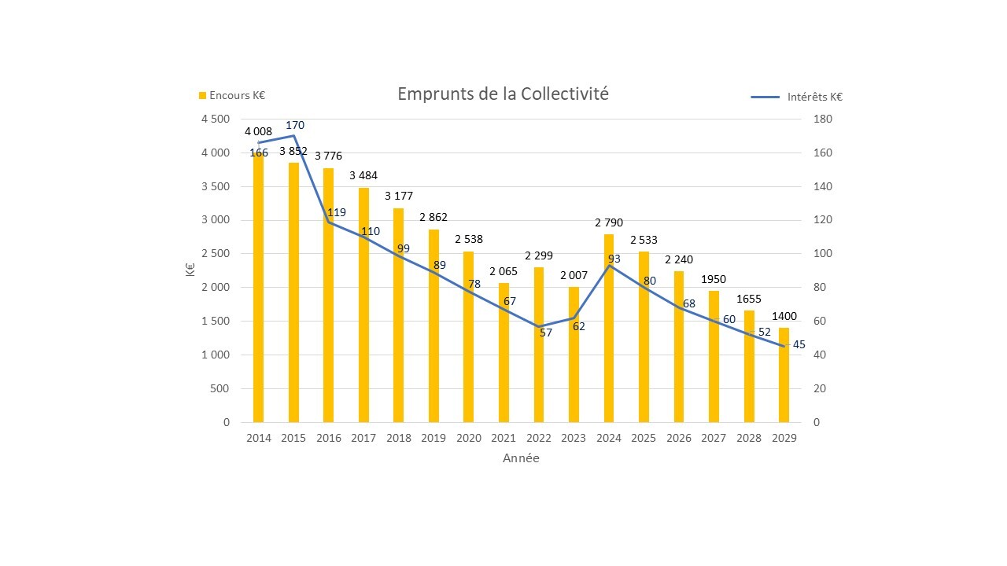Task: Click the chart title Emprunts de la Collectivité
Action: coord(503,94)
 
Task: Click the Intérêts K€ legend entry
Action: coord(797,97)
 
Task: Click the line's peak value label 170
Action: coord(294,125)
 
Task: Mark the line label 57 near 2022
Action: coord(547,333)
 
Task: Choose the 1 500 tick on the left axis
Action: coord(216,322)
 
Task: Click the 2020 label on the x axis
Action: coord(469,439)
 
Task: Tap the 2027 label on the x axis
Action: coord(714,439)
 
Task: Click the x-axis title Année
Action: coord(521,458)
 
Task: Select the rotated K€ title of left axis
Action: coord(191,270)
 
